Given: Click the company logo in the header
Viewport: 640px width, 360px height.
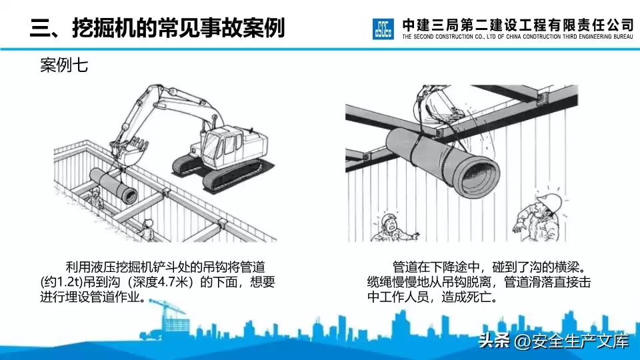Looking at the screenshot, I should (384, 29).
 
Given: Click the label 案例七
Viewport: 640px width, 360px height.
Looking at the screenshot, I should (65, 66).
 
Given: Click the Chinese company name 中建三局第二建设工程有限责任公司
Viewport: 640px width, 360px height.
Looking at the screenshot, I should (517, 24).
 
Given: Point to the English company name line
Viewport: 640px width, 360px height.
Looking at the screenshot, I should (517, 37).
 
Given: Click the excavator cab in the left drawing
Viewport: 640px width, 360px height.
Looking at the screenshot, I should (221, 142).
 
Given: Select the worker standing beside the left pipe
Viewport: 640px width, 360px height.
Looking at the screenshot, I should (96, 197).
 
